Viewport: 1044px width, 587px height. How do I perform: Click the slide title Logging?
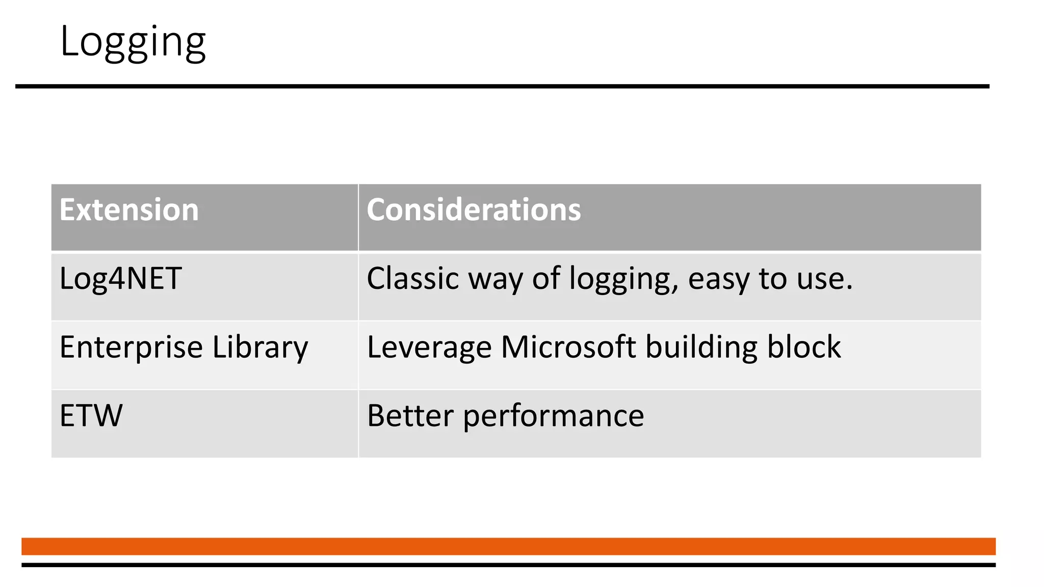[133, 42]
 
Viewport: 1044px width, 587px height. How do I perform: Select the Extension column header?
[129, 210]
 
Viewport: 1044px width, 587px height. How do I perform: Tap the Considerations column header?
[474, 210]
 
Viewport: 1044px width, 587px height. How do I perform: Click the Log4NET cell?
[120, 279]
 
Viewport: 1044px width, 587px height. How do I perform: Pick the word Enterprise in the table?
[131, 348]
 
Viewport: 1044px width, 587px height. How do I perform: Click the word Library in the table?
[260, 348]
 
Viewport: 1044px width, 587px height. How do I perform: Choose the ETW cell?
[91, 416]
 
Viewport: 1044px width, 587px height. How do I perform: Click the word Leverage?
[429, 348]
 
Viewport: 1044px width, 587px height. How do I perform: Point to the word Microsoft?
[568, 348]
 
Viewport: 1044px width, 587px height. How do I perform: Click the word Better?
[410, 416]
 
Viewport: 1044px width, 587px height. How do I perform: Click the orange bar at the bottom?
[508, 546]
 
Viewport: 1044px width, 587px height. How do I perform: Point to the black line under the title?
[502, 87]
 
